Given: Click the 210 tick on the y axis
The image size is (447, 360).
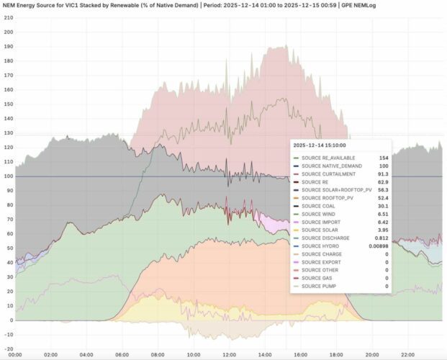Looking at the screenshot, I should (9, 17).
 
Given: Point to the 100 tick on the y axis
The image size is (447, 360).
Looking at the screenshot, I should (9, 176).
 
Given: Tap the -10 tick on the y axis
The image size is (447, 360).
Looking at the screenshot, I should (9, 336).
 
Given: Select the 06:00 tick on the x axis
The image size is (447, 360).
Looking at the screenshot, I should (121, 354).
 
